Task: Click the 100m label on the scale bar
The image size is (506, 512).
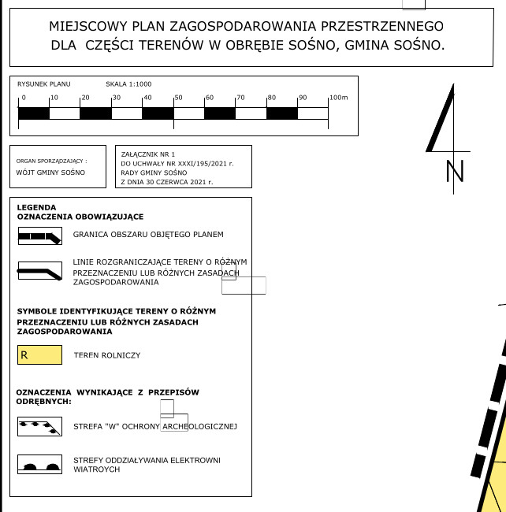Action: click(x=339, y=98)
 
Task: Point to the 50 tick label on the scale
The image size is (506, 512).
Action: click(x=179, y=98)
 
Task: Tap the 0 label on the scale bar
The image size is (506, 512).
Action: click(x=24, y=98)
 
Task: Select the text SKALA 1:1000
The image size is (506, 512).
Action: click(x=128, y=83)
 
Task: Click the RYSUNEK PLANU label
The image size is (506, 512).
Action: click(x=44, y=83)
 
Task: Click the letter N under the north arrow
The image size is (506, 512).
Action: click(x=454, y=172)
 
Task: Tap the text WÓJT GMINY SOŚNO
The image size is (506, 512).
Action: click(x=50, y=172)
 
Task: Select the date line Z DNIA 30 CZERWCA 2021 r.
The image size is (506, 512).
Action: click(x=166, y=182)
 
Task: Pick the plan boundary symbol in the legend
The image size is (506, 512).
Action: click(x=39, y=235)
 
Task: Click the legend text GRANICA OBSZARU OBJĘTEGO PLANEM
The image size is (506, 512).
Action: click(x=148, y=235)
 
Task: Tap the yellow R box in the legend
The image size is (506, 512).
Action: click(x=39, y=355)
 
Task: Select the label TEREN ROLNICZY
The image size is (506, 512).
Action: click(x=106, y=355)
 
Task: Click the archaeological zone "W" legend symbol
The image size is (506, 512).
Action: click(x=39, y=426)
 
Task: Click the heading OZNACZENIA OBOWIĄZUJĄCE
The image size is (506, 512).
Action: click(x=80, y=217)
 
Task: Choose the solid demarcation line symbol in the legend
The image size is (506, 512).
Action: click(x=39, y=272)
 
